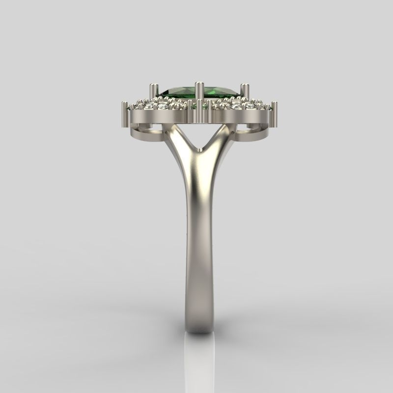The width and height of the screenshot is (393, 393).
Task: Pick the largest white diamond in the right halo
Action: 238,105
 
